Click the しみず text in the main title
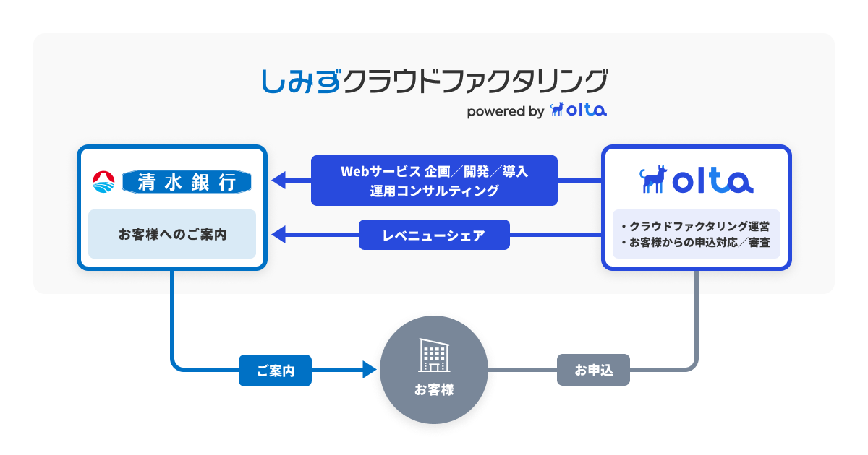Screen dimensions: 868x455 302,81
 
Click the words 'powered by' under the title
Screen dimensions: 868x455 506,111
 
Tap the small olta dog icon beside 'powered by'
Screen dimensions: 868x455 557,109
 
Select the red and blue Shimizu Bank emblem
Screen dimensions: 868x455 103,182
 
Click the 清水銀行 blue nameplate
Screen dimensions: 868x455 187,182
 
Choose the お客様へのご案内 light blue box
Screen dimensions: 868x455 172,234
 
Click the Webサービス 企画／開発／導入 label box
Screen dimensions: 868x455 434,181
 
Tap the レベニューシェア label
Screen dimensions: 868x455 434,235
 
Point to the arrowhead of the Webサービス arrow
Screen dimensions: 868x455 278,181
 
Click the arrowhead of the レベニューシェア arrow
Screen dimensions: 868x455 278,235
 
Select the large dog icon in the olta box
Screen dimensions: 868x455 653,179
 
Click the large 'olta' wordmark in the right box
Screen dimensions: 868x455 713,181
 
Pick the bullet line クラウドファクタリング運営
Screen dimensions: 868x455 696,226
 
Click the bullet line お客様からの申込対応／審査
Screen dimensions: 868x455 696,243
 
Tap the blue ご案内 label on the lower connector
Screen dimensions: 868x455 275,370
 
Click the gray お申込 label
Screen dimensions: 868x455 593,370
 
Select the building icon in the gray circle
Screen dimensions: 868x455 434,355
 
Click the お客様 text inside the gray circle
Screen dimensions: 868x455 434,389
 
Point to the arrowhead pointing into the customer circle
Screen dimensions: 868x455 370,370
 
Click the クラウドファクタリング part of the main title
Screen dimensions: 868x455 475,81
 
